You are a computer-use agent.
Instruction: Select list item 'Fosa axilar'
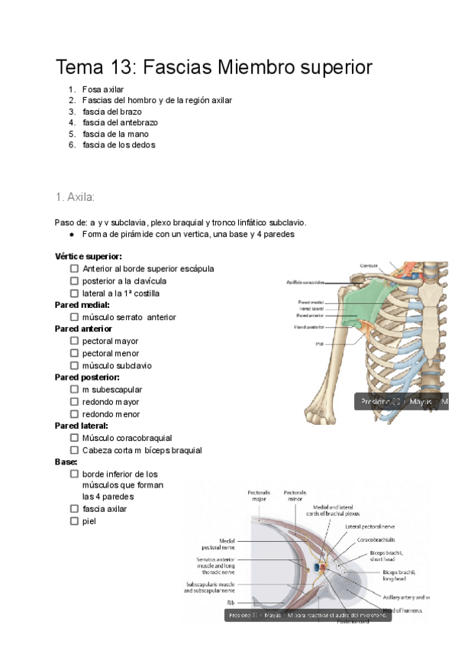pos(103,89)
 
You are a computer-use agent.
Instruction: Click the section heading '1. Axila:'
pos(75,197)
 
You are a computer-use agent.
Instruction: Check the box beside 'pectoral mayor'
pos(74,341)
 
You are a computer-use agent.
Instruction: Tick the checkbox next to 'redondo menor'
pos(74,414)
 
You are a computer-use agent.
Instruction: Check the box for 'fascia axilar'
pos(74,509)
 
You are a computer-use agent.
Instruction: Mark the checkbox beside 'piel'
pos(74,521)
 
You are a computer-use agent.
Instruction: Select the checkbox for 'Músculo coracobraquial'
pos(74,439)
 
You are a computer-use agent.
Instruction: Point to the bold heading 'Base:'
pos(66,462)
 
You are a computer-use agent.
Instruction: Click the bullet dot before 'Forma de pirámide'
pos(71,235)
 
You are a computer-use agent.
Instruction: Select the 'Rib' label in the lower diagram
pos(230,601)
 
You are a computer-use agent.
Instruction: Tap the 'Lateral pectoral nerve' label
pos(369,526)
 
